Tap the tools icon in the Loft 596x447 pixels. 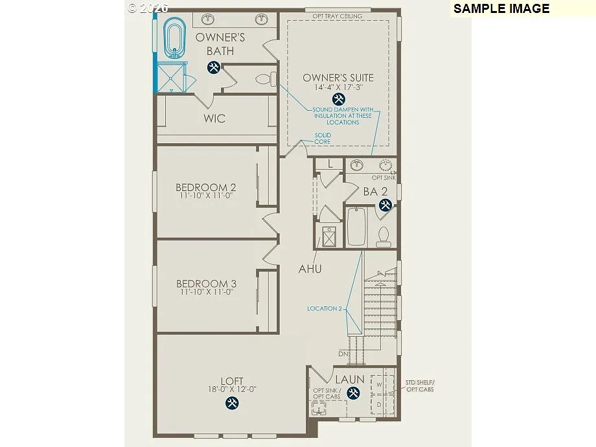pos(232,403)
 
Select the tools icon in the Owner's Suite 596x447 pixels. pos(338,99)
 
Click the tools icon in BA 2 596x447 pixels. pos(385,205)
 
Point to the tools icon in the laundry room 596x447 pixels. pos(353,393)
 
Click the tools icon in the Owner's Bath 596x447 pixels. pos(213,67)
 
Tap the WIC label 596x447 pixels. pos(214,119)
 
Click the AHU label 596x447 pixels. pos(310,269)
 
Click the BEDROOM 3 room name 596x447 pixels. pos(206,284)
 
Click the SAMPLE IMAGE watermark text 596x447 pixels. pos(501,8)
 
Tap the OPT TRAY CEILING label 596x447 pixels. pos(338,16)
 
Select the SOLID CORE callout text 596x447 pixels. pos(323,139)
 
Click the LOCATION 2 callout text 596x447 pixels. pos(324,309)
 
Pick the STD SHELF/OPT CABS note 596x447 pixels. pos(420,386)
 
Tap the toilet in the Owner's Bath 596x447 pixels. pos(265,79)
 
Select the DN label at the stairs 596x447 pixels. pos(343,354)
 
